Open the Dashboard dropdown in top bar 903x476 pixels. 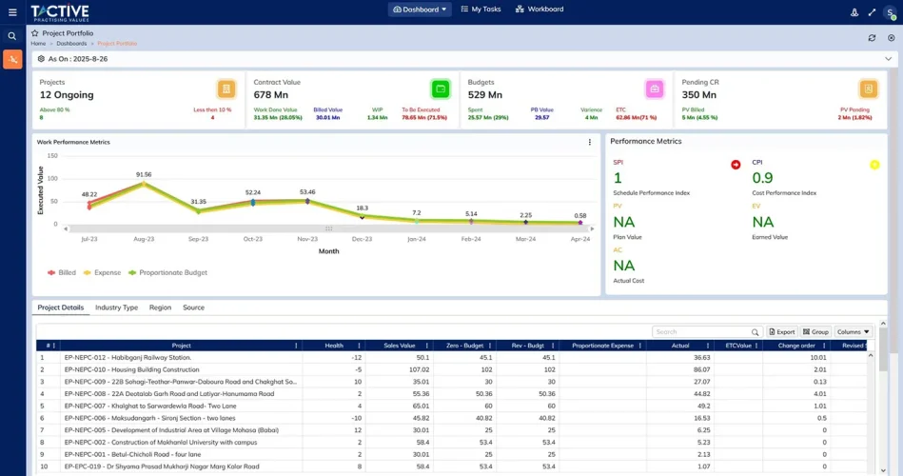(x=420, y=10)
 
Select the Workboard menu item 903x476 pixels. (x=540, y=10)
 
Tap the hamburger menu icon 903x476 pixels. (x=12, y=12)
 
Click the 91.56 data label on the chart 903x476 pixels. (x=144, y=175)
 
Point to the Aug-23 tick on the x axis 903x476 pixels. (x=144, y=240)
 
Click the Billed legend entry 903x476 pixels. (x=62, y=272)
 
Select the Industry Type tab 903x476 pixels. (x=116, y=307)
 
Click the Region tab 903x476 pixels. (x=160, y=307)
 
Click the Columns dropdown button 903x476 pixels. (x=853, y=332)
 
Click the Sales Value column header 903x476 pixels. (x=399, y=346)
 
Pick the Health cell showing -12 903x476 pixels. (x=356, y=358)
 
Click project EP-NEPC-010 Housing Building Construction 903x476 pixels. (x=132, y=369)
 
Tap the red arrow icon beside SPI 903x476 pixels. (x=736, y=165)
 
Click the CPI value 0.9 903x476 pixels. (x=762, y=178)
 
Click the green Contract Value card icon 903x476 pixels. (x=441, y=89)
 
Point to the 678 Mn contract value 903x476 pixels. (x=271, y=95)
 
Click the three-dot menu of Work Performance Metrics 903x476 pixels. (x=590, y=143)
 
